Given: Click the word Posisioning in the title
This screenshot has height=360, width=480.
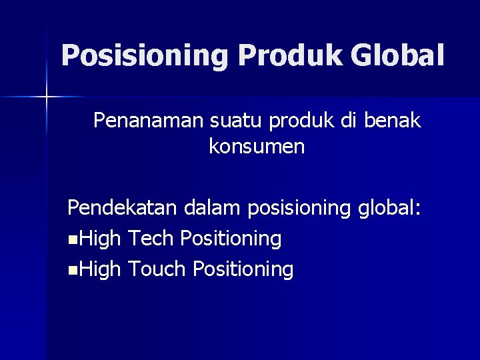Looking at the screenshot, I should click(145, 56).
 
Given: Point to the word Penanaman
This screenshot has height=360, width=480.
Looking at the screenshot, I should click(148, 121).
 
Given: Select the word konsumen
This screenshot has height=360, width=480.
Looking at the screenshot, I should click(257, 147).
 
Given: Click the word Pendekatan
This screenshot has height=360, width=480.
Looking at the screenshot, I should click(122, 208).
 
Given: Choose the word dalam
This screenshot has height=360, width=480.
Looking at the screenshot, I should click(213, 208).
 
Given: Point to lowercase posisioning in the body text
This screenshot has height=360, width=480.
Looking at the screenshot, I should click(299, 209).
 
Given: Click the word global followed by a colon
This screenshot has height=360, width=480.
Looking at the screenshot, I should click(389, 209).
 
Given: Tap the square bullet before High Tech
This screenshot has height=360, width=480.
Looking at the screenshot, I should click(72, 239).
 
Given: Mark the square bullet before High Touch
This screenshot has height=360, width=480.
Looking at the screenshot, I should click(72, 271).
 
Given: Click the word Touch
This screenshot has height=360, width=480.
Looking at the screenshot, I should click(157, 269).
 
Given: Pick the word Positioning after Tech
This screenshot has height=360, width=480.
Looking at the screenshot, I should click(231, 239).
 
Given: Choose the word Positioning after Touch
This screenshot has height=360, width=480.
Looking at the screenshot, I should click(243, 270).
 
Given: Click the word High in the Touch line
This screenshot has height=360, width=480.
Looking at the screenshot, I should click(99, 269).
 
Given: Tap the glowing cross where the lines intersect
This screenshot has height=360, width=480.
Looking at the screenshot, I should click(46, 97).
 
